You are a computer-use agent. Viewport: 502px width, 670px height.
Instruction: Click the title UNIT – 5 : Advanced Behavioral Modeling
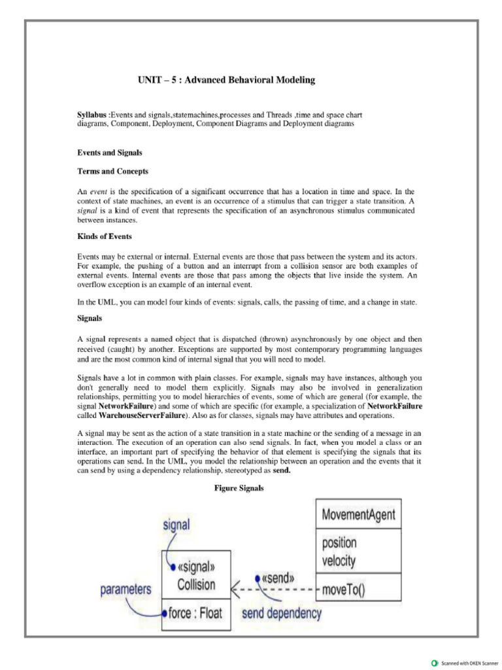226,80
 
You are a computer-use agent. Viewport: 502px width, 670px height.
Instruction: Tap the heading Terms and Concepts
112,171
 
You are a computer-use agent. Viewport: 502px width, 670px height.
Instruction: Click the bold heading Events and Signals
110,152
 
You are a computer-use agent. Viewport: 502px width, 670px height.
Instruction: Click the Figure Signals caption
239,488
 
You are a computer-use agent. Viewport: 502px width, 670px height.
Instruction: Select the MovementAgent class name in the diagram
358,515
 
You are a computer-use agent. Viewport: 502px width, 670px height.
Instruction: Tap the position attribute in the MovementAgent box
339,543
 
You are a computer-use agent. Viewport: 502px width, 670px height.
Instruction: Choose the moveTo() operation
344,590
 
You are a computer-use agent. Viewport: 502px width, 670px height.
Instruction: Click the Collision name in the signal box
196,584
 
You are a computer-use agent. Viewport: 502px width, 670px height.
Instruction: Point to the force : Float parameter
195,613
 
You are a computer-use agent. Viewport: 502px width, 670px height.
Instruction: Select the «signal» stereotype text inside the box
195,567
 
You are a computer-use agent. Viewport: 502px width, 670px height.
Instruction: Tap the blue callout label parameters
125,590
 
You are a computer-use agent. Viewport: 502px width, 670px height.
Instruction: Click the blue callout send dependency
282,613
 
